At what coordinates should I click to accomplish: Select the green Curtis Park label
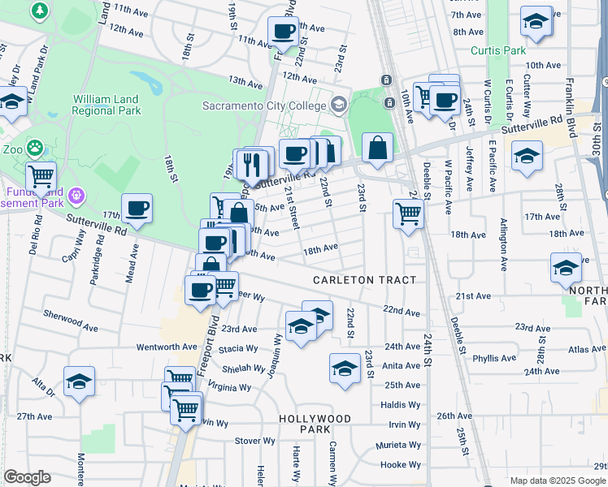[498, 50]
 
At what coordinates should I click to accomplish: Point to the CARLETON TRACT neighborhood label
[365, 280]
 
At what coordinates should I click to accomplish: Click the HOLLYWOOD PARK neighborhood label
[315, 424]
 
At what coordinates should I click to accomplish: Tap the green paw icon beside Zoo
[34, 148]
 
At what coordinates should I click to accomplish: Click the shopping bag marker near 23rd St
[377, 149]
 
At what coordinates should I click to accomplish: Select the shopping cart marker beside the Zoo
[41, 175]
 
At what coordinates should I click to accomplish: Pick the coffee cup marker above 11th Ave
[283, 32]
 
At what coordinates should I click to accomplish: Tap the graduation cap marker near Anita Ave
[345, 368]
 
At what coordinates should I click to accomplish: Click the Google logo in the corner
[26, 477]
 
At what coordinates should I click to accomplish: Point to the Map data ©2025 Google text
[558, 481]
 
